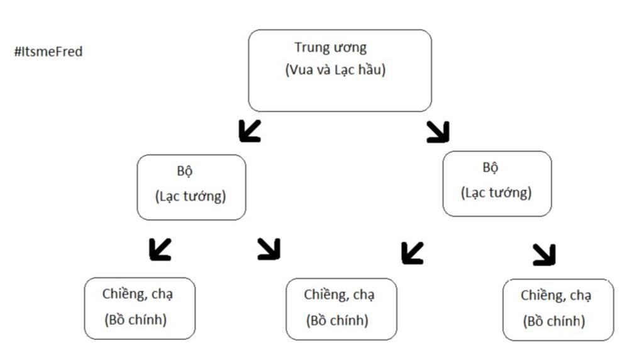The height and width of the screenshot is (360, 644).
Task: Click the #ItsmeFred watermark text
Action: [x=48, y=52]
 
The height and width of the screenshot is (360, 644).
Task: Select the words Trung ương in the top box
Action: [x=330, y=47]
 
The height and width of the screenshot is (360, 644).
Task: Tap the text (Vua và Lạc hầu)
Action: [x=335, y=70]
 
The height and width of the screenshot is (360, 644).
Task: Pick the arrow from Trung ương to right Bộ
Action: [x=438, y=131]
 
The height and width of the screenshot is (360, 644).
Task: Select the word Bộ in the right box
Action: [x=491, y=167]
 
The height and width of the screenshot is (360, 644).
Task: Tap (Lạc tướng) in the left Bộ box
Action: [x=191, y=196]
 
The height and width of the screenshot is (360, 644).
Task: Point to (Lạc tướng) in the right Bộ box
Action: [x=496, y=192]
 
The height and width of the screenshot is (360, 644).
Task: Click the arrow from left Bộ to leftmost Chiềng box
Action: [x=160, y=249]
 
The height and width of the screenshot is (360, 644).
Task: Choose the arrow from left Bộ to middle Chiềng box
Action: [x=269, y=249]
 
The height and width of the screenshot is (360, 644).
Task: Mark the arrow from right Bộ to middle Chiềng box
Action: [x=412, y=253]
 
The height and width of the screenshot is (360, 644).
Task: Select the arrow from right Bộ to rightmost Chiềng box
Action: [x=544, y=254]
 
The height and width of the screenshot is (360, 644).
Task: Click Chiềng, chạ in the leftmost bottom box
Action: [x=138, y=294]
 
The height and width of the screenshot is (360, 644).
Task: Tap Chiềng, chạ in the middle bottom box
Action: [x=340, y=295]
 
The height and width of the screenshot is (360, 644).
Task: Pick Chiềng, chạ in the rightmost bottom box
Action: [x=556, y=296]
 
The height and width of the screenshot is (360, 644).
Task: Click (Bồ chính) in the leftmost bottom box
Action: [x=136, y=319]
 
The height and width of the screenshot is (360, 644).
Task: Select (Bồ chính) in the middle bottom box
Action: [x=337, y=320]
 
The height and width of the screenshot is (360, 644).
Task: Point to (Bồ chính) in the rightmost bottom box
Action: [x=554, y=321]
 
